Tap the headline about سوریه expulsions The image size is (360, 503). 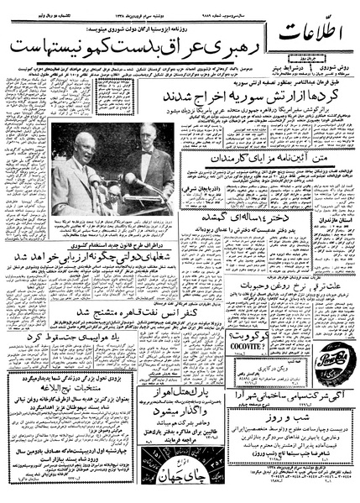pyautogui.click(x=226, y=96)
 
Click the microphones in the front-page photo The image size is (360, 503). pyautogui.click(x=123, y=181)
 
